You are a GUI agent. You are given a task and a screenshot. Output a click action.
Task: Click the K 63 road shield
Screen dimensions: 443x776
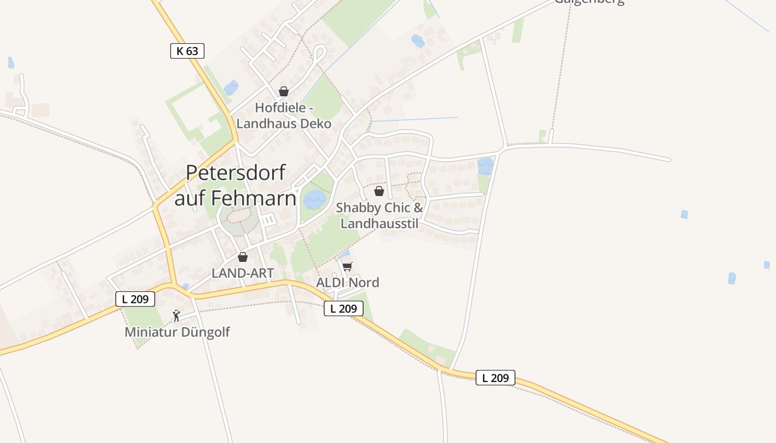[x=187, y=51]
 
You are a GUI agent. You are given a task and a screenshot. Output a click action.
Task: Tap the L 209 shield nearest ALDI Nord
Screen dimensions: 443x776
[x=344, y=308]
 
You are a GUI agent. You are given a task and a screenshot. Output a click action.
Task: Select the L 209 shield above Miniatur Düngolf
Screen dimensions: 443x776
[x=135, y=299]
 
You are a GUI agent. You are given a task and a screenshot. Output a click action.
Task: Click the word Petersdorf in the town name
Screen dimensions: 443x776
[x=236, y=173]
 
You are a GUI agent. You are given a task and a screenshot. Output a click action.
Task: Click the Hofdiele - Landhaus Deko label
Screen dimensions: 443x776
[x=284, y=115]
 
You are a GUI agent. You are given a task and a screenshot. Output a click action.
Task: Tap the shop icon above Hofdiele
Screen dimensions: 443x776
[x=284, y=91]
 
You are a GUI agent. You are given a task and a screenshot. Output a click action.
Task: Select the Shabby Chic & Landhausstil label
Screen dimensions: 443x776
[x=380, y=215]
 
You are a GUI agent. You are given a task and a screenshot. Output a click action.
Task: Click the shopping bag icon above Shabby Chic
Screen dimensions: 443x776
[x=379, y=191]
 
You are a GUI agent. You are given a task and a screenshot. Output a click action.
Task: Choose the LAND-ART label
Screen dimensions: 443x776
[x=243, y=273]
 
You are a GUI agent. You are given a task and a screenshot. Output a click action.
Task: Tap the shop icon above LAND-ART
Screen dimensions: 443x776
[x=243, y=257]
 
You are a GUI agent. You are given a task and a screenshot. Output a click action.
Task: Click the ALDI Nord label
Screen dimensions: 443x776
[x=348, y=282]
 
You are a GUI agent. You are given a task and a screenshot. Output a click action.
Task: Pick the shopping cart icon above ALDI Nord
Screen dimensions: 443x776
[x=348, y=266]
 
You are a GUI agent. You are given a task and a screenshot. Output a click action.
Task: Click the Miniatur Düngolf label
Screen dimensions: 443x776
[x=177, y=332]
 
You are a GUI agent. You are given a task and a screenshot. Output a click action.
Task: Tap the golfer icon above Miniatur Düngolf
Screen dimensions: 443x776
[x=176, y=316]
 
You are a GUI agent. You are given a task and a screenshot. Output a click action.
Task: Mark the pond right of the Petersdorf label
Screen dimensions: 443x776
[x=315, y=199]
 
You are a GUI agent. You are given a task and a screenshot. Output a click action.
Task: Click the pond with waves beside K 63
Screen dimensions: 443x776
[x=231, y=87]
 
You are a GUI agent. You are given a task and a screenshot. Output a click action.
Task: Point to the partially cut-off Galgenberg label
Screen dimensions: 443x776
[x=589, y=2]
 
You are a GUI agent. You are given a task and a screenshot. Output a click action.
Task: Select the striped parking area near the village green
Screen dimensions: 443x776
[x=268, y=220]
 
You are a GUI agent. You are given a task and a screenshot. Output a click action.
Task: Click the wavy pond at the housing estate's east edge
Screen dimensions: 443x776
[x=486, y=166]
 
